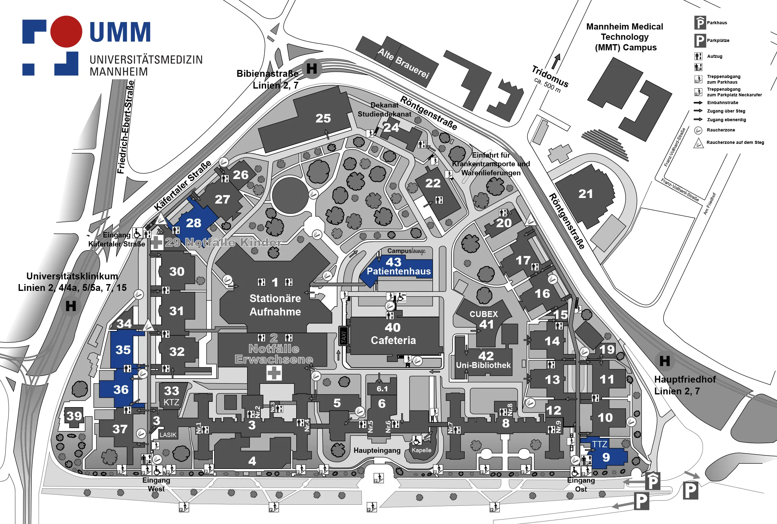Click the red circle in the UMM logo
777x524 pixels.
66,31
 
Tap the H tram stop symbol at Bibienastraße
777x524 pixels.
311,68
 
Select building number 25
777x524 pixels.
323,118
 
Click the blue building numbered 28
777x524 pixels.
194,223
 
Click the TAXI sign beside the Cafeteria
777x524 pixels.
343,336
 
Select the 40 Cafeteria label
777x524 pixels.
393,333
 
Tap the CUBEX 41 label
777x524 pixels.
484,319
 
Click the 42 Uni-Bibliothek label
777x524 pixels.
484,360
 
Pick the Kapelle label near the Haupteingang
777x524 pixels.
421,450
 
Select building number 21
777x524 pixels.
586,194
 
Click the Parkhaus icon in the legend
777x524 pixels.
700,23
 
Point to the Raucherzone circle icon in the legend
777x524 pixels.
698,130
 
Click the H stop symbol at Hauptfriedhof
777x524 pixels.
664,361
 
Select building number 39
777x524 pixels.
74,416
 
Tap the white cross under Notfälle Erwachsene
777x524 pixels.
274,373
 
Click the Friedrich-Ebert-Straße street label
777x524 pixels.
126,127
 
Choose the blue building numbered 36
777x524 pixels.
121,389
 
